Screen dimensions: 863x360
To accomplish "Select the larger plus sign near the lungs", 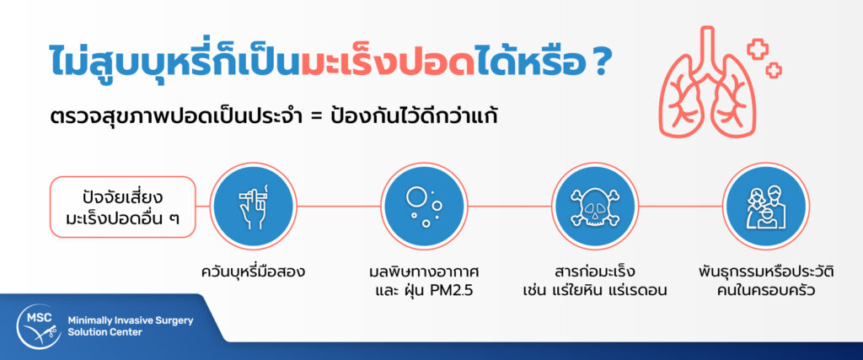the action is (x=758, y=49).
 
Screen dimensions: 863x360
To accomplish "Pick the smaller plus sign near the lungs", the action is (x=774, y=70).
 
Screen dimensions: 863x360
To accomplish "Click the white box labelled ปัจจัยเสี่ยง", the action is (x=123, y=207).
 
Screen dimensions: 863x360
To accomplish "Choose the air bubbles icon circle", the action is (x=424, y=207).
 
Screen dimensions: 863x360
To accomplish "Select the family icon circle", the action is (x=765, y=207).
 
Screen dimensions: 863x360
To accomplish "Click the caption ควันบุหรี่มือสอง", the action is (x=253, y=272).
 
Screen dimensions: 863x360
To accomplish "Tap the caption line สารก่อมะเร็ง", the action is (x=595, y=272).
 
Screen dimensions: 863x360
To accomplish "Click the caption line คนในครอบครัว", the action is (x=765, y=290).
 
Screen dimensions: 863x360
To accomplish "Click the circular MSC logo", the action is (x=39, y=326).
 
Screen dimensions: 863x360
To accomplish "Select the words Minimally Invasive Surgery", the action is (x=131, y=320).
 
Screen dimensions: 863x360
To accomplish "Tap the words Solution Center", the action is (x=105, y=332).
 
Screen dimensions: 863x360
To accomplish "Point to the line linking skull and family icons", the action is (x=680, y=207).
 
